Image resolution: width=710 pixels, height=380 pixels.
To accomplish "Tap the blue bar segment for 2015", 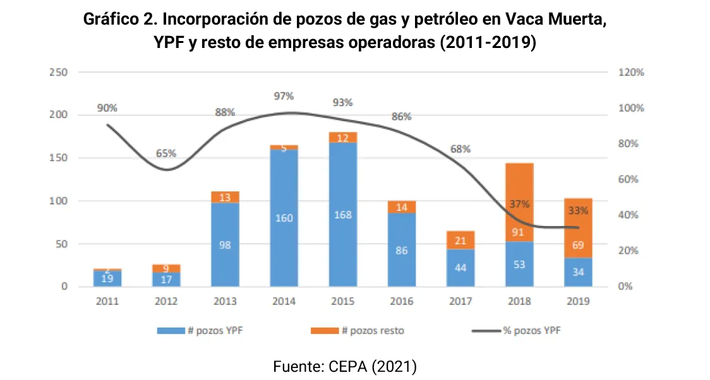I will point(342,215).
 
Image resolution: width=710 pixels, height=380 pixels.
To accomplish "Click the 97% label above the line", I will point(284,96).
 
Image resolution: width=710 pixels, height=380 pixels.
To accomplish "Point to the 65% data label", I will point(166,153).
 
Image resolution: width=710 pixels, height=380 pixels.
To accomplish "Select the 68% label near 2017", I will point(460,149).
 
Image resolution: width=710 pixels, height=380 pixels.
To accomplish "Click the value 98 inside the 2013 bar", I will point(225,245).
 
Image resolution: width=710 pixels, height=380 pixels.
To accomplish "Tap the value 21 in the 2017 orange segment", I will point(460,240).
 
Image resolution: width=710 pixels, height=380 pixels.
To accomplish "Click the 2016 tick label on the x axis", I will point(401,301).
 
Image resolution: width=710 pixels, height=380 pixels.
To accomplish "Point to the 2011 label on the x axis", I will point(107,301).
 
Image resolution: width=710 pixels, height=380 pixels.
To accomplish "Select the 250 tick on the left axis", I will point(58,72).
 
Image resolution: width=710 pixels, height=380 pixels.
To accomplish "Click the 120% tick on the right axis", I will point(630,72).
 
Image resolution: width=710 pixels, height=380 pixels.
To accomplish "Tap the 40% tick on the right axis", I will point(628,215).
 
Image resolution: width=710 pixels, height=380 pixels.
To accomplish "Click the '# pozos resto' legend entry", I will point(359,330).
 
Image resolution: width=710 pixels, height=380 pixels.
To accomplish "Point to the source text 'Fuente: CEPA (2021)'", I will point(345,366).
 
